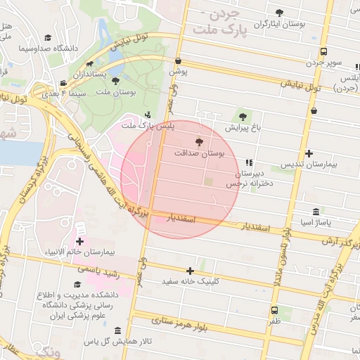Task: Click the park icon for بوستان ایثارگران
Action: (x=280, y=12)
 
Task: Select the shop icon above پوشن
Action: (x=179, y=60)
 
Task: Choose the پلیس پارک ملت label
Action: (x=147, y=125)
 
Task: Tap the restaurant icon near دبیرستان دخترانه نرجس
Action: (x=249, y=162)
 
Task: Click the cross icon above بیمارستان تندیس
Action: (x=309, y=153)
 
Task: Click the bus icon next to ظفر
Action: (x=274, y=310)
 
